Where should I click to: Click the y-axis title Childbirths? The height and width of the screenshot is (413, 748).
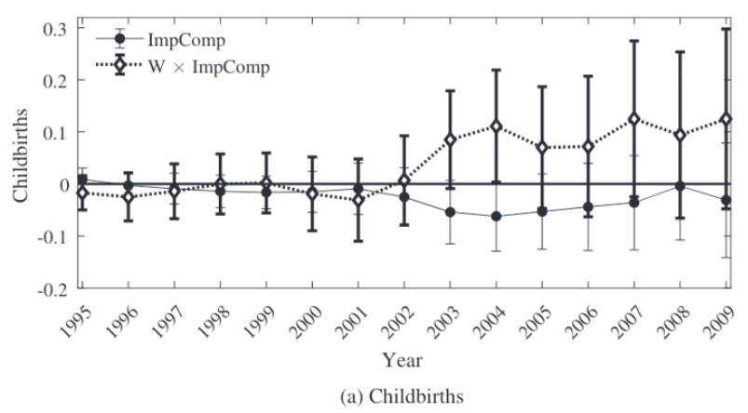[x=20, y=158]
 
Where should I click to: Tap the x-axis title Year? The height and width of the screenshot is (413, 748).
[x=404, y=357]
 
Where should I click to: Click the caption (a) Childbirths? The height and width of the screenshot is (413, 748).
[x=404, y=395]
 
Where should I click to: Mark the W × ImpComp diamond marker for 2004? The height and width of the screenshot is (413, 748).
[x=496, y=126]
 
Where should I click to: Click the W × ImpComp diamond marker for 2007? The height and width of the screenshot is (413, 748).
[x=634, y=119]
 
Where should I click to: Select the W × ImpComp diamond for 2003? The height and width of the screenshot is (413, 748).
[x=450, y=140]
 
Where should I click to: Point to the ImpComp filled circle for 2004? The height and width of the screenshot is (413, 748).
[x=496, y=216]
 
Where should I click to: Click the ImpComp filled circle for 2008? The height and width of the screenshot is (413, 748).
[x=681, y=186]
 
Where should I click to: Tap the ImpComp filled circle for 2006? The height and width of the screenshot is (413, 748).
[x=589, y=207]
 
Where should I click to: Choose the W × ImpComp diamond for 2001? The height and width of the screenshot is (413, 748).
[x=358, y=200]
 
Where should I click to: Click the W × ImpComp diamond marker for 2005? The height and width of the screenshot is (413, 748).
[x=542, y=148]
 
